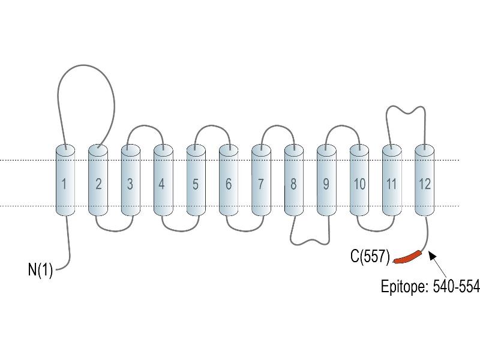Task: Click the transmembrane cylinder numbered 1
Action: pyautogui.click(x=65, y=181)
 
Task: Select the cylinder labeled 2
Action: pyautogui.click(x=98, y=181)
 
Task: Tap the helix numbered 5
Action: pyautogui.click(x=196, y=181)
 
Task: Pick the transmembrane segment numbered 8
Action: pyautogui.click(x=294, y=181)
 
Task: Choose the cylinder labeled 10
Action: pyautogui.click(x=359, y=181)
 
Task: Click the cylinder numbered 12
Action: pyautogui.click(x=425, y=181)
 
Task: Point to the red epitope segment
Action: pyautogui.click(x=408, y=257)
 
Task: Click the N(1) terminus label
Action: pyautogui.click(x=40, y=269)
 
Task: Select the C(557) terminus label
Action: pyautogui.click(x=370, y=256)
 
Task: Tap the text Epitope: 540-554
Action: pyautogui.click(x=430, y=287)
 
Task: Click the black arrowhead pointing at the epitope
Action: pyautogui.click(x=432, y=254)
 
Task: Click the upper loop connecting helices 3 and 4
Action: pyautogui.click(x=145, y=125)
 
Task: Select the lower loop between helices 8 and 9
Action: pyautogui.click(x=310, y=241)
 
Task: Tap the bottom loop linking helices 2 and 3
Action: pyautogui.click(x=114, y=231)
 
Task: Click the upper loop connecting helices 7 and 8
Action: pyautogui.click(x=278, y=125)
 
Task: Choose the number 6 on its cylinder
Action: pyautogui.click(x=229, y=184)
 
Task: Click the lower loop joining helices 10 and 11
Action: pyautogui.click(x=376, y=231)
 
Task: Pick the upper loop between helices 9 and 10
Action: pyautogui.click(x=343, y=125)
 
